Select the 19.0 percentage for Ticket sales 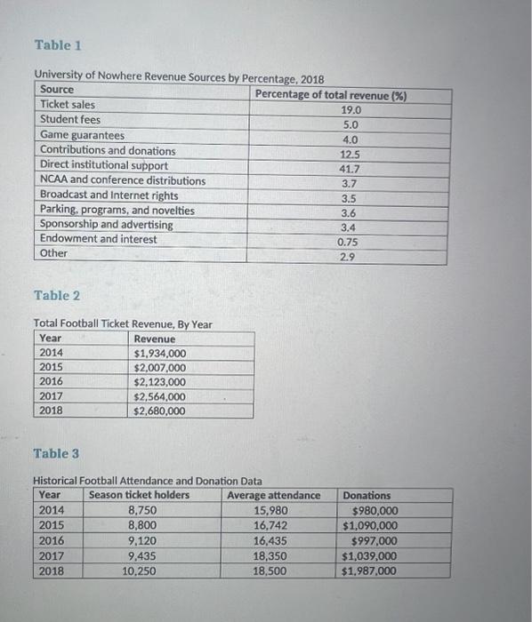pos(350,110)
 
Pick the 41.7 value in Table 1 pos(350,168)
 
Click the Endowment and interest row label pos(98,239)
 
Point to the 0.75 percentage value pos(348,242)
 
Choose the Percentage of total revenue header pos(330,95)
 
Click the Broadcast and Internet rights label pos(109,195)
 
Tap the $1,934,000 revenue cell pos(159,354)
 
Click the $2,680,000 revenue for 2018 pos(159,411)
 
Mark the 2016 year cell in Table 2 pos(52,382)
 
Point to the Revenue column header pos(154,339)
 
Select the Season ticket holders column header pos(139,495)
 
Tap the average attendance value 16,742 pos(270,525)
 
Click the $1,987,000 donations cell pos(369,571)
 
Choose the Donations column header pos(367,495)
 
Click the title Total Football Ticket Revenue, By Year pos(123,324)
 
